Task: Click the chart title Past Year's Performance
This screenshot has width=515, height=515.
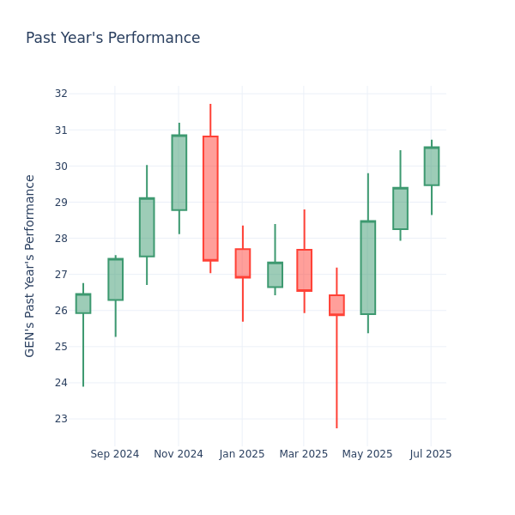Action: [x=112, y=39]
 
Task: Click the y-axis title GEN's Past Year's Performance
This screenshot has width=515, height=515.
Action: [x=30, y=265]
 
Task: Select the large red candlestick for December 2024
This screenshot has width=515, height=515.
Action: [x=210, y=198]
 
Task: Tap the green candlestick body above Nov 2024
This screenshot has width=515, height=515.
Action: [x=179, y=173]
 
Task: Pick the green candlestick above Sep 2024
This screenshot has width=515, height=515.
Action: [x=115, y=279]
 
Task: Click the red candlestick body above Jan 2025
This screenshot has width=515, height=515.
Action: [x=243, y=263]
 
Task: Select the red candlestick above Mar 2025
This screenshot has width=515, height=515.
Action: [x=304, y=270]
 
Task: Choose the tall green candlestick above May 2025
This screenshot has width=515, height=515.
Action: [x=367, y=268]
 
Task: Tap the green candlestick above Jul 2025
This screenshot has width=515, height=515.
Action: [x=431, y=166]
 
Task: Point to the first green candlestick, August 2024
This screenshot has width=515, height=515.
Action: [x=83, y=303]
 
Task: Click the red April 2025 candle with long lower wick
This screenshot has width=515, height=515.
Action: [x=336, y=305]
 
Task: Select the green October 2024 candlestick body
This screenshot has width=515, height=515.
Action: [x=147, y=227]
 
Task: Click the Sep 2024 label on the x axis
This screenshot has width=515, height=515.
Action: [x=114, y=454]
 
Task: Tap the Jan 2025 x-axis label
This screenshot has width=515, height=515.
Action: [x=241, y=454]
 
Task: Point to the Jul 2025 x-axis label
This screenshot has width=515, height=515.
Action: [x=431, y=454]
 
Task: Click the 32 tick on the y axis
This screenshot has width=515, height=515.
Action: [x=61, y=94]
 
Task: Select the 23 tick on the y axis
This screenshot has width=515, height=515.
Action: [x=61, y=419]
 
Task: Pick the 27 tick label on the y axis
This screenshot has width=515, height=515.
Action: [x=61, y=275]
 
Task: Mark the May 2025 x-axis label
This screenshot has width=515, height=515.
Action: [x=367, y=454]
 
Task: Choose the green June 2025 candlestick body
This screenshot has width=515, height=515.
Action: [x=400, y=209]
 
